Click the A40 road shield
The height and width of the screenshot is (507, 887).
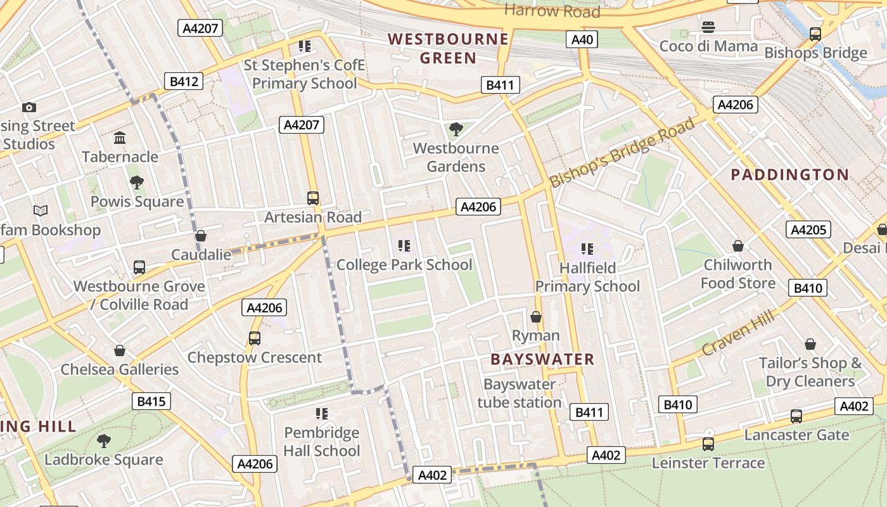point(582,40)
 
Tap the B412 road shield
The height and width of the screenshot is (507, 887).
point(184,81)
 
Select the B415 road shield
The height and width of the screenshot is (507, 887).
point(151,401)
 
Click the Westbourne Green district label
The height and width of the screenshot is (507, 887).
point(449,49)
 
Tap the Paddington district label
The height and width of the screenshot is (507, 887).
point(790,175)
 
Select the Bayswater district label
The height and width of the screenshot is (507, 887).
point(542,359)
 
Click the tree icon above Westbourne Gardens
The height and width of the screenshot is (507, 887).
point(456,130)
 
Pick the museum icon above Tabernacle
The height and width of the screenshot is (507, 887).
point(120,138)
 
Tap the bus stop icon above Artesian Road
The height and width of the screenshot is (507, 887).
point(313,198)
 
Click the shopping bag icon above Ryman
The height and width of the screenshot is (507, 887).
point(536,316)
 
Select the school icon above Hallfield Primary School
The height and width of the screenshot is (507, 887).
point(587,249)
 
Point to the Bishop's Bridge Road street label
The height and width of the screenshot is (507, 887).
point(622,153)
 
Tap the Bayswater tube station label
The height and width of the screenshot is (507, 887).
point(519,393)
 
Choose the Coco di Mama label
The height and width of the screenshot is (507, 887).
point(708,46)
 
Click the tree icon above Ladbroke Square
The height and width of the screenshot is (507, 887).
point(104,440)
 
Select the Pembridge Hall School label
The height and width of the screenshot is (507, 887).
point(321,442)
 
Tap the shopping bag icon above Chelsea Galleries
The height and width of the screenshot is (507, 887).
point(120,350)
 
